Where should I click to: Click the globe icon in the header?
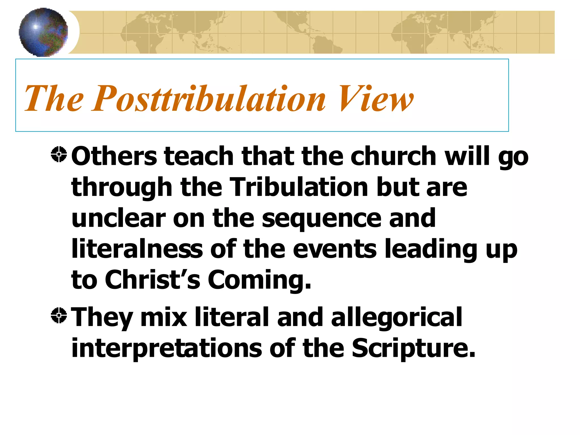[43, 32]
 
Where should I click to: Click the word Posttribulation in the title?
[209, 99]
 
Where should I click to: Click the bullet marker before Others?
[59, 155]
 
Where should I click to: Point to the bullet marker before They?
[59, 315]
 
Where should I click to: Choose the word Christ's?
[153, 280]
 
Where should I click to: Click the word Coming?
[259, 280]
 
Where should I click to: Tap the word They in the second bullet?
[102, 317]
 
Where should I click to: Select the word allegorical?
[396, 317]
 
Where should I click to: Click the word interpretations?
[167, 348]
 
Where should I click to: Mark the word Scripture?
[413, 348]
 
